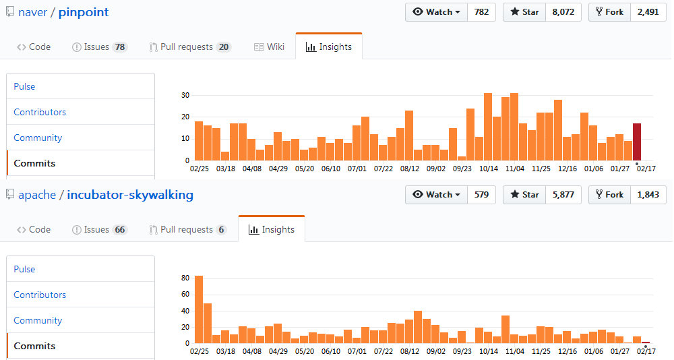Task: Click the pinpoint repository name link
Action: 84,12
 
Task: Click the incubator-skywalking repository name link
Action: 130,195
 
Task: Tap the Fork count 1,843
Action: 648,194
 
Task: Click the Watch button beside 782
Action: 436,12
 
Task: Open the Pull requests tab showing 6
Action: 187,229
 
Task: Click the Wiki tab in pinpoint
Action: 269,47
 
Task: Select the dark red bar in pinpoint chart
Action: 636,142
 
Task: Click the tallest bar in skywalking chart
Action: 199,309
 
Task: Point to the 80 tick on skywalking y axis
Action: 185,278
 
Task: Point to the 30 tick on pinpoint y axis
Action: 185,95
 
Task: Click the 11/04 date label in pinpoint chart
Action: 514,169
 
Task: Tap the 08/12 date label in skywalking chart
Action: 410,351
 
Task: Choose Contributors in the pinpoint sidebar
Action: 40,112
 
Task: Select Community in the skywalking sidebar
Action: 38,320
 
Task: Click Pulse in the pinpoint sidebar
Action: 24,86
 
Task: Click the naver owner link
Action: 32,12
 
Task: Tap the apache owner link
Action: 37,195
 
